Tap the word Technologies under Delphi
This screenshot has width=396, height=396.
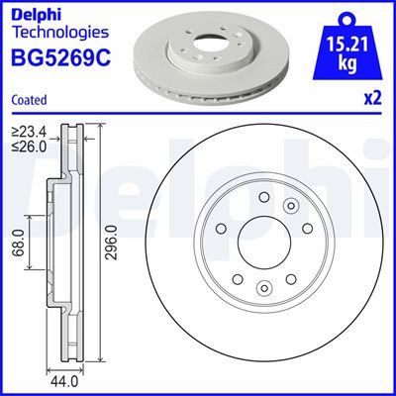(60, 32)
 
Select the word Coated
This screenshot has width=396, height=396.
(30, 100)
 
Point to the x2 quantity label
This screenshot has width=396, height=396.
(373, 98)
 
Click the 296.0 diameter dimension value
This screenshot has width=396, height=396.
(113, 244)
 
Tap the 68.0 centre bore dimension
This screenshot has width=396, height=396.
(19, 244)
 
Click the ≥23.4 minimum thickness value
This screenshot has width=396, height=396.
(30, 133)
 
